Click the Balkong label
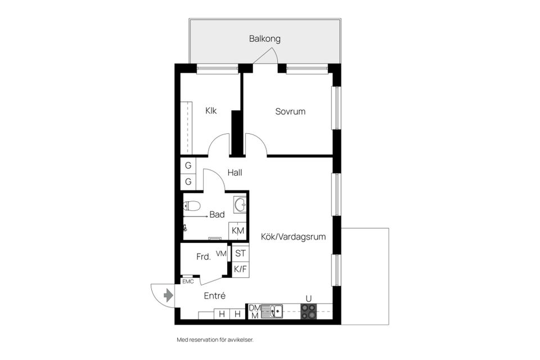pyautogui.click(x=264, y=39)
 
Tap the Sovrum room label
pyautogui.click(x=290, y=111)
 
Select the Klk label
pyautogui.click(x=211, y=111)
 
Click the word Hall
pyautogui.click(x=235, y=173)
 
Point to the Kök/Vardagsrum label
pyautogui.click(x=293, y=237)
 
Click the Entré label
pyautogui.click(x=214, y=295)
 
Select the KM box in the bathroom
pyautogui.click(x=238, y=231)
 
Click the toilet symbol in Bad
pyautogui.click(x=192, y=206)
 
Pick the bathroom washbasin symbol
pyautogui.click(x=240, y=204)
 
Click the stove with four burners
pyautogui.click(x=308, y=312)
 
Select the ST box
pyautogui.click(x=240, y=254)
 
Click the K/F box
pyautogui.click(x=240, y=269)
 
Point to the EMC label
pyautogui.click(x=187, y=281)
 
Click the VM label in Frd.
pyautogui.click(x=220, y=254)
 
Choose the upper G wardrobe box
pyautogui.click(x=188, y=166)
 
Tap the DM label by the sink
pyautogui.click(x=254, y=308)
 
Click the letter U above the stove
pyautogui.click(x=308, y=298)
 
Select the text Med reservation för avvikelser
pyautogui.click(x=219, y=340)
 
